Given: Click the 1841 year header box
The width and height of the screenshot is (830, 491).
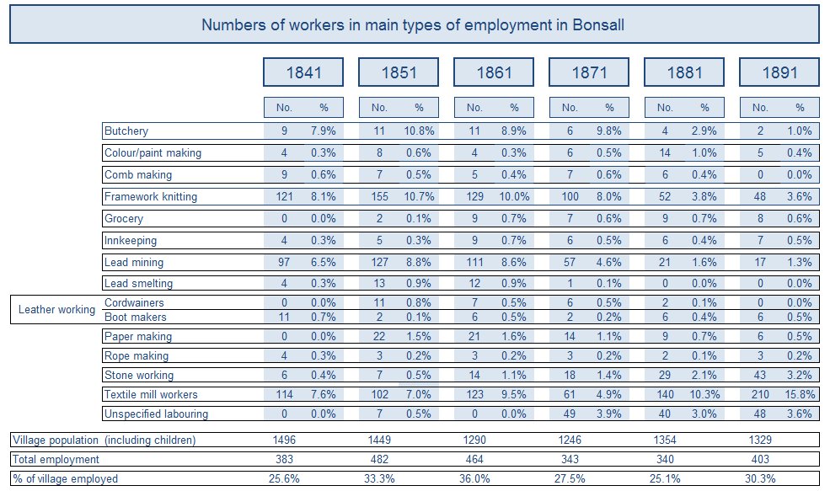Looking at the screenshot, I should tap(304, 72).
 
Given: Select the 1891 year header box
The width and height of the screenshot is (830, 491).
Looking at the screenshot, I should tap(779, 72).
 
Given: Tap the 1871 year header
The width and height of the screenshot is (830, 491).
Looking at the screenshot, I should tap(589, 72).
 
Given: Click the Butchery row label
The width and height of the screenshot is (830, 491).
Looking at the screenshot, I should tap(126, 131).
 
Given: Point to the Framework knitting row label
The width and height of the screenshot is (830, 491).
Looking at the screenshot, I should tap(151, 197).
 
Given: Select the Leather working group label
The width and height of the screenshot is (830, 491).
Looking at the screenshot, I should tap(56, 310).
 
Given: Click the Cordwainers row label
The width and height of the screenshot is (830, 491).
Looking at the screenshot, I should tap(134, 303).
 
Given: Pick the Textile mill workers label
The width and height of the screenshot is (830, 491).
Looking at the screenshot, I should tap(151, 394).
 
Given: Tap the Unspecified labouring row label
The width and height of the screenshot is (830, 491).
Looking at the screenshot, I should tap(156, 414).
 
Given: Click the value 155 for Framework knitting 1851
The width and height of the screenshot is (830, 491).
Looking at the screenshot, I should tap(379, 197).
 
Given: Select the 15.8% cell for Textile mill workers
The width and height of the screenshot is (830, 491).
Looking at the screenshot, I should tap(799, 394).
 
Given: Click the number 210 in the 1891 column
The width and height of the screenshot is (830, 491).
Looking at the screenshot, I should tap(760, 394).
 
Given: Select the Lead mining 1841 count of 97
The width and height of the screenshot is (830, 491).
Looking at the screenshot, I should tap(284, 263).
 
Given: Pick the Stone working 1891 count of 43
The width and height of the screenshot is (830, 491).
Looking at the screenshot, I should tap(760, 376).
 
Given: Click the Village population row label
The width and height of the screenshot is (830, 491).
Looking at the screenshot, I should tap(104, 440).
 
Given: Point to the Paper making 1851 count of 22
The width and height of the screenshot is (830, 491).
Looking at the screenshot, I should tap(379, 337).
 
